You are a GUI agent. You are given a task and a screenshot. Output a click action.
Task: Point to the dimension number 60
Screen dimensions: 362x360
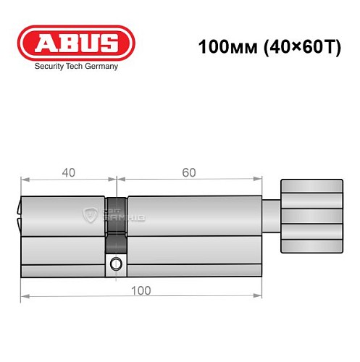pos(189,172)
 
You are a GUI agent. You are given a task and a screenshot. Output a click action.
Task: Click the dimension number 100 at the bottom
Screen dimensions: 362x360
pos(141,290)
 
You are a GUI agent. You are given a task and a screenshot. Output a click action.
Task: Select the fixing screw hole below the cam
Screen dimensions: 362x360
pos(115,266)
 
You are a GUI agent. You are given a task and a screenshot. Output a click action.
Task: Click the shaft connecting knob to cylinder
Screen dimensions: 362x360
pos(270,213)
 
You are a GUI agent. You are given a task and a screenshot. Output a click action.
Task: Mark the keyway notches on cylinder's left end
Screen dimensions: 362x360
pos(18,214)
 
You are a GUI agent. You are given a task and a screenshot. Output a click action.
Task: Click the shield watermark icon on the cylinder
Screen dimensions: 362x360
pos(91,214)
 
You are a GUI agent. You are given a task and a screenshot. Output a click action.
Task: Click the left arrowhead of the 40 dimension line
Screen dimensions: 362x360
pos(24,179)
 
